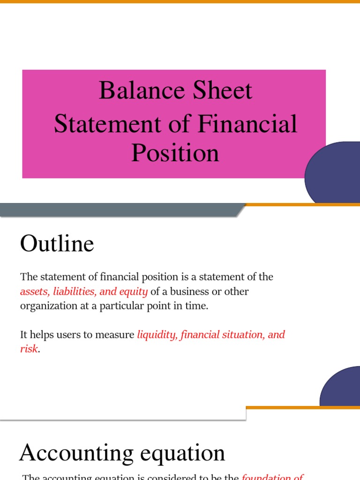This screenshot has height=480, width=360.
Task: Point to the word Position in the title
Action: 175,153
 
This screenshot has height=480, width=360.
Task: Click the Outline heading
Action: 57,244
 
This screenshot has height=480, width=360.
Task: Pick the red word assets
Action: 35,292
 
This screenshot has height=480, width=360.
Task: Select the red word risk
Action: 29,349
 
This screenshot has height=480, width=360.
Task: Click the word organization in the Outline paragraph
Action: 49,306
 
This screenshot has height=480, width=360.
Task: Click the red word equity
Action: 133,292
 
